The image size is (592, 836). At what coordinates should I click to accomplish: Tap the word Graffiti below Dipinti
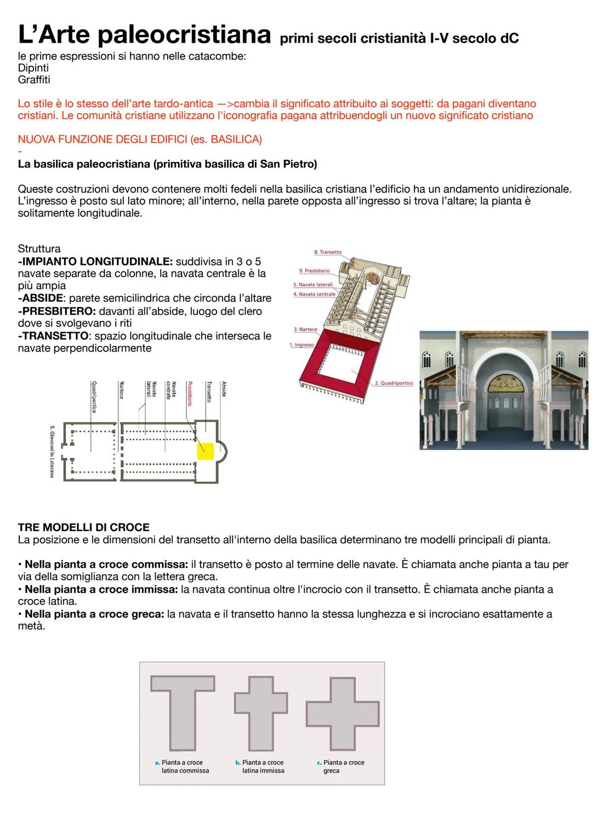pyautogui.click(x=34, y=80)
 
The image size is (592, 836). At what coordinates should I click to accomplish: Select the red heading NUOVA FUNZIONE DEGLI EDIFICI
pyautogui.click(x=140, y=140)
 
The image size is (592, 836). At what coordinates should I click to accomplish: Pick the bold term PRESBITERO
pyautogui.click(x=56, y=312)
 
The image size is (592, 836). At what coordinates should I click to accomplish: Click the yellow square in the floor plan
pyautogui.click(x=206, y=450)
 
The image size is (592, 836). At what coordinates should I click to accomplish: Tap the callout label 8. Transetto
pyautogui.click(x=327, y=252)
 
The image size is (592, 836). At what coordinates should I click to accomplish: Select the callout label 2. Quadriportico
pyautogui.click(x=394, y=383)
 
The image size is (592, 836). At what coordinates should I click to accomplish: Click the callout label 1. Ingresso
pyautogui.click(x=301, y=345)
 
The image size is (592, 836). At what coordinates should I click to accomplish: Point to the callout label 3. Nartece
pyautogui.click(x=305, y=330)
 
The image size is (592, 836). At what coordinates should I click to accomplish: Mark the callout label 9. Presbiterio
pyautogui.click(x=314, y=271)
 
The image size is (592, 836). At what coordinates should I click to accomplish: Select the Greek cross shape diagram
pyautogui.click(x=343, y=714)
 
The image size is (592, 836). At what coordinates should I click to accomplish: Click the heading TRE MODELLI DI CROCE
pyautogui.click(x=83, y=527)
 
